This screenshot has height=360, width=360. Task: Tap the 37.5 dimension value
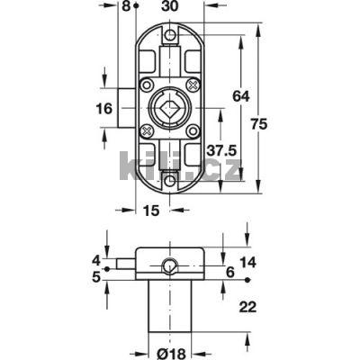(x=222, y=148)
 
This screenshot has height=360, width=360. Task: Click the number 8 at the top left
(x=124, y=5)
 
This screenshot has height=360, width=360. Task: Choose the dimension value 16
(x=103, y=109)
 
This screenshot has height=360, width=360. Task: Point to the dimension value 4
(x=95, y=261)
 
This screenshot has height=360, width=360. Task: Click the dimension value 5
(x=95, y=277)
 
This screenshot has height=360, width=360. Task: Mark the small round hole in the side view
(x=168, y=265)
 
